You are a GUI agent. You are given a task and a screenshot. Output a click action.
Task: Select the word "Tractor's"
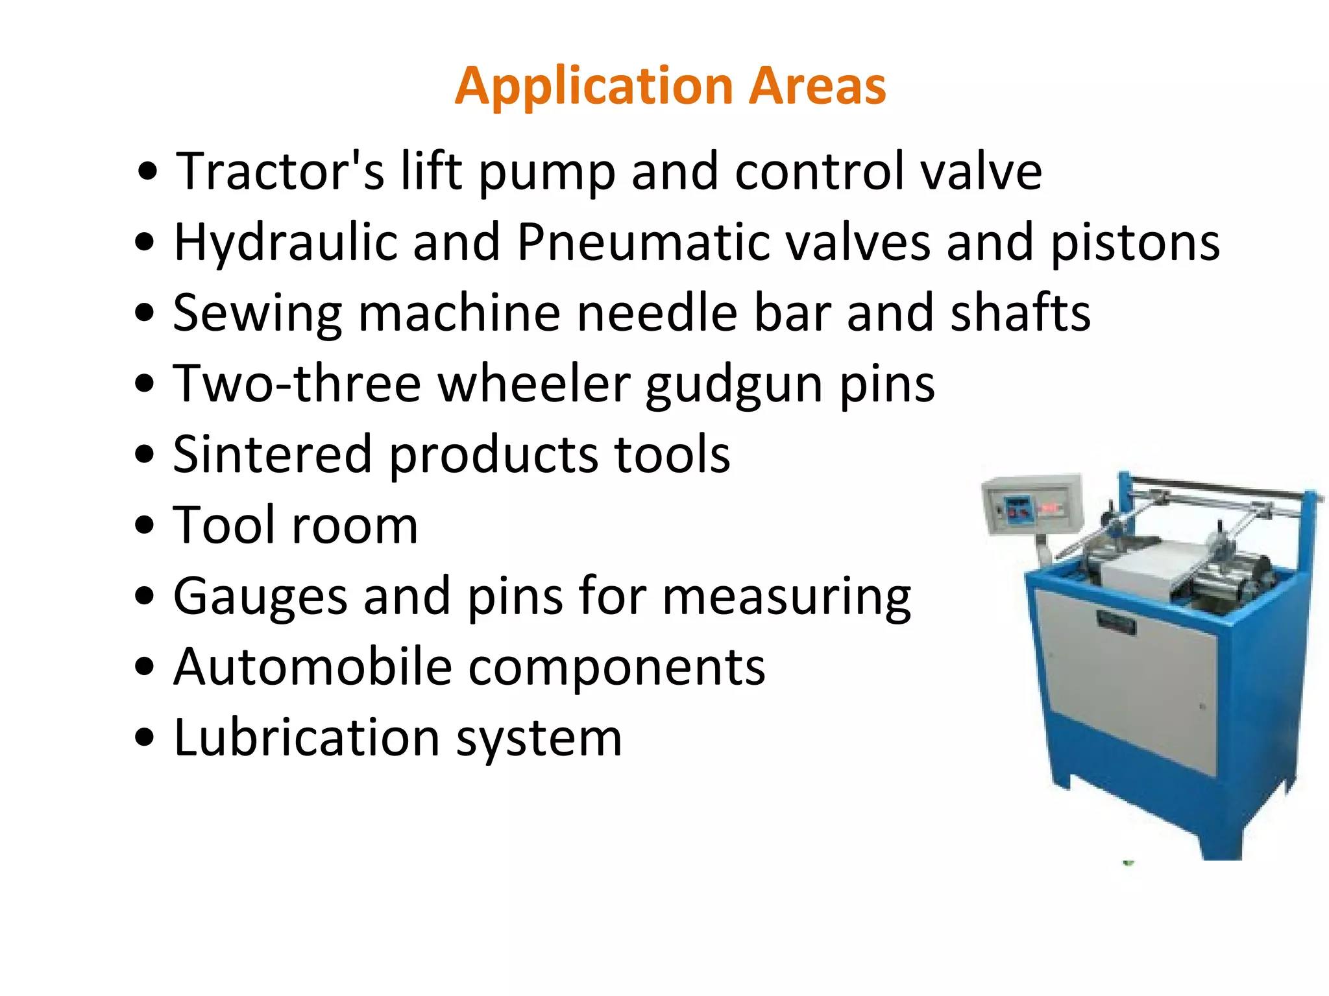pos(280,171)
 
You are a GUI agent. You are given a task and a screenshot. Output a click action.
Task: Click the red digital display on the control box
pos(1049,508)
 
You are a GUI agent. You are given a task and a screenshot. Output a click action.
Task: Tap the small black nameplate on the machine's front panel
pos(1116,622)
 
